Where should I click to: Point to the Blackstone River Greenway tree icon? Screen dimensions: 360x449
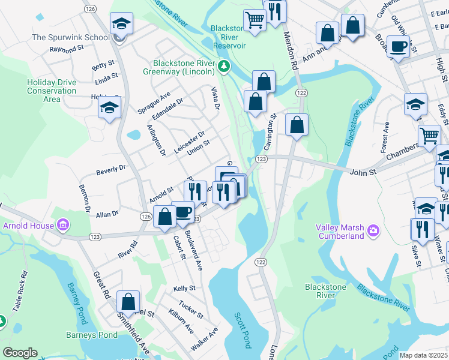[223, 65]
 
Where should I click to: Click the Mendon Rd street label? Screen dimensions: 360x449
[290, 55]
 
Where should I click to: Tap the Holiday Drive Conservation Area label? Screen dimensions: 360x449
[52, 91]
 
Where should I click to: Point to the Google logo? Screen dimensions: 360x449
[20, 353]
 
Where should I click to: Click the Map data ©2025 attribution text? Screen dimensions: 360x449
[423, 355]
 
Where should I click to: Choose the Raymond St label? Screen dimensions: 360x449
[65, 49]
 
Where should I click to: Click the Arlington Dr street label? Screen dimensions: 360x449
[155, 140]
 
